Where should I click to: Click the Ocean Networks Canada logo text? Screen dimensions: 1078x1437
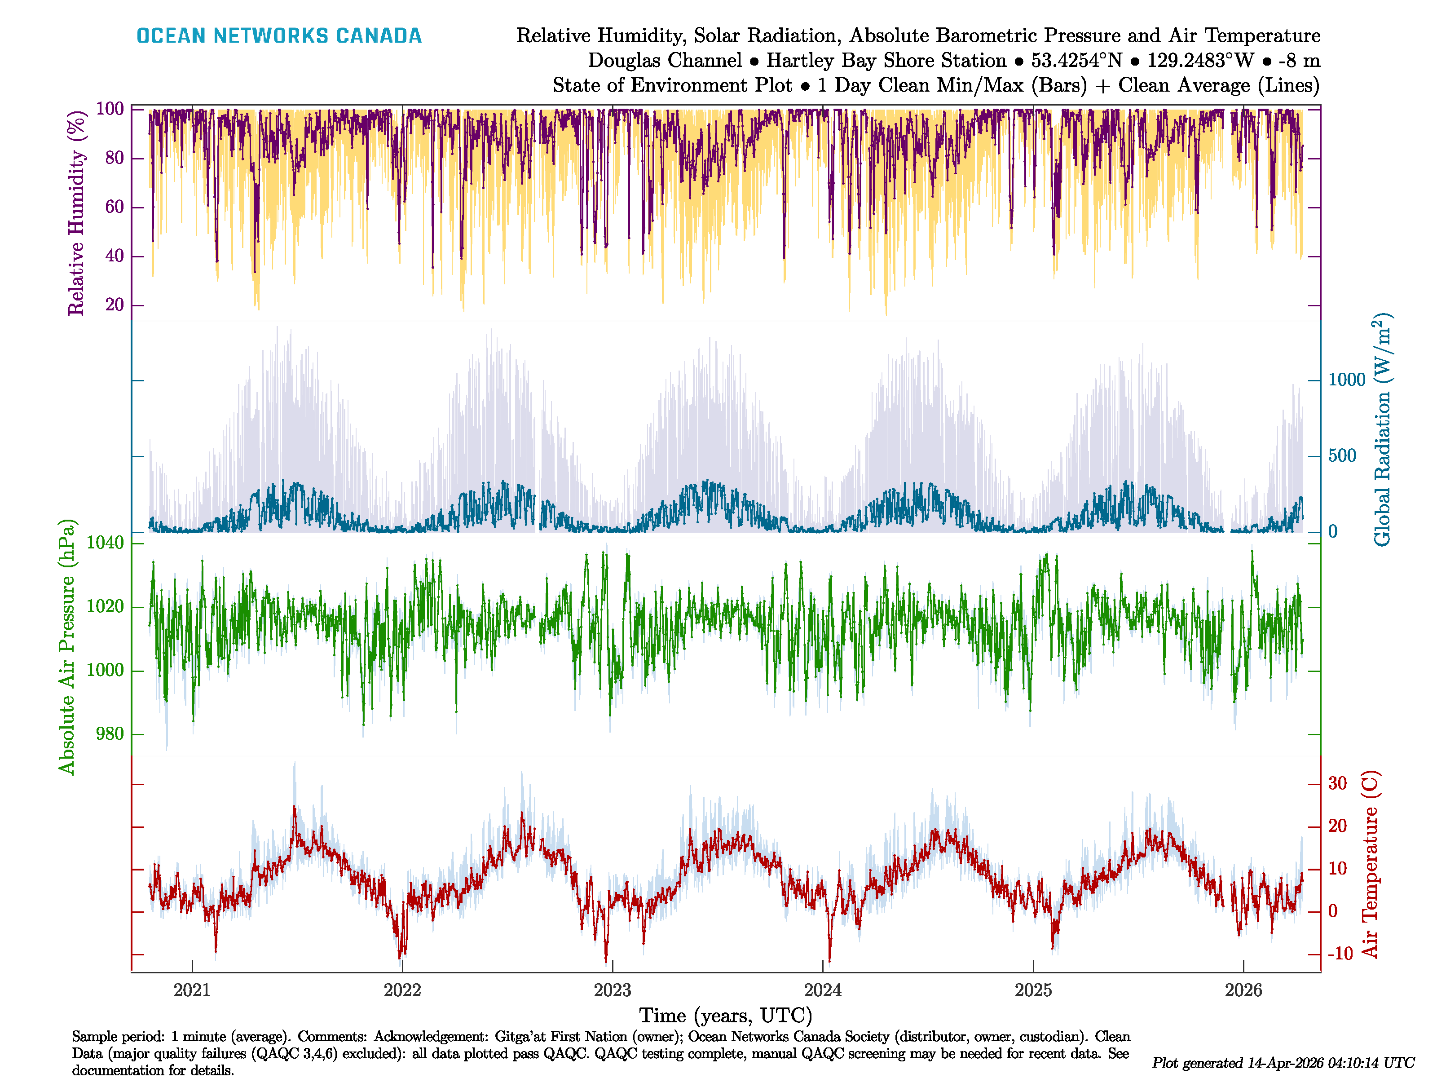[279, 36]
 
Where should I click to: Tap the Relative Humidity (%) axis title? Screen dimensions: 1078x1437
[77, 213]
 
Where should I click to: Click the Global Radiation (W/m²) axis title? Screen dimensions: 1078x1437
[1382, 429]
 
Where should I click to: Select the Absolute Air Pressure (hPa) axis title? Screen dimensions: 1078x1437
[67, 646]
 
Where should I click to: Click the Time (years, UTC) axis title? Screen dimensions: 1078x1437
[726, 1015]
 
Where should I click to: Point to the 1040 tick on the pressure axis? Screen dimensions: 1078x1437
[105, 543]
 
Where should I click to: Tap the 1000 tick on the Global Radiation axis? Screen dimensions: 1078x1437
[1347, 380]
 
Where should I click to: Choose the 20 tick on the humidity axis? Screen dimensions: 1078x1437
[115, 304]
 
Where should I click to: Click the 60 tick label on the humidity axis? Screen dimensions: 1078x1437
[115, 207]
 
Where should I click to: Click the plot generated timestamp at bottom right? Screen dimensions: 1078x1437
[1283, 1062]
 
